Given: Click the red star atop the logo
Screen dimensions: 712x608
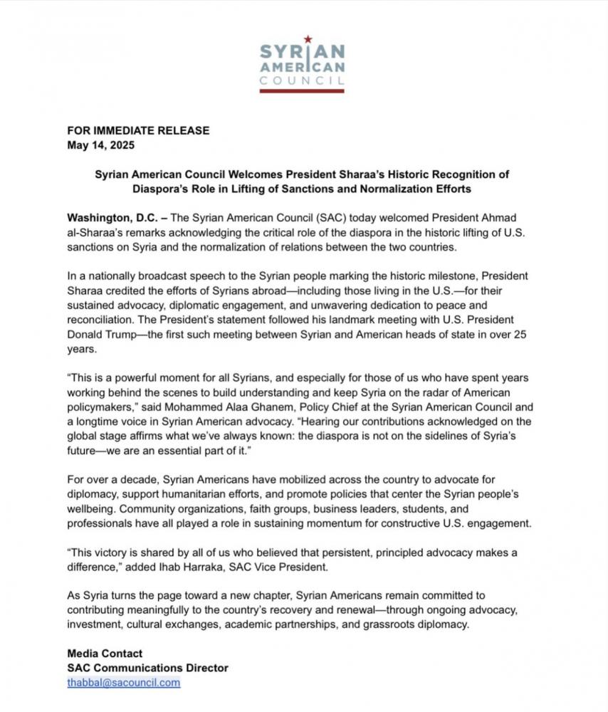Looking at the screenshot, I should point(308,39).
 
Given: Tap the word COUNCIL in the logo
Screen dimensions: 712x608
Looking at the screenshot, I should point(303,81).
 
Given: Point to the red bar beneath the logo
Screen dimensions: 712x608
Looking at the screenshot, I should point(303,90).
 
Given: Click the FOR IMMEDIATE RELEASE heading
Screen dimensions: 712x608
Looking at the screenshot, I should point(138,130).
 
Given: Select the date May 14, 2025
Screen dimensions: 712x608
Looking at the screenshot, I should point(101,145).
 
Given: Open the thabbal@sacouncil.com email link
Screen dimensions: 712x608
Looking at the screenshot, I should point(123,682).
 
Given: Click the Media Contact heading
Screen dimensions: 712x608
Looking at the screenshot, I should point(105,653).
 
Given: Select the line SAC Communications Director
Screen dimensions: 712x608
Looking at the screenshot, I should point(147,668).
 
